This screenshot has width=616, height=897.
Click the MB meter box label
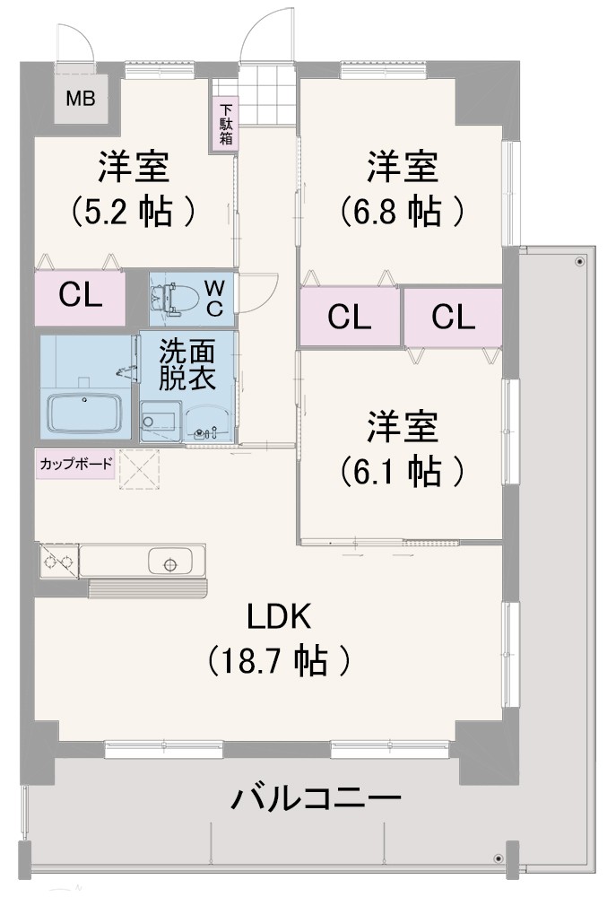81,99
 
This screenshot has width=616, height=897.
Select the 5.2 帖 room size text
134,211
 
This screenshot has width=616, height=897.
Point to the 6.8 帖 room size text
402,211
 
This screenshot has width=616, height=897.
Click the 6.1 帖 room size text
402,471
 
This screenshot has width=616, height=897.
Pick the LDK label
279,617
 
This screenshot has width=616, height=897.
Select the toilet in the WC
173,298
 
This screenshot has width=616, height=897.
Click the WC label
214,298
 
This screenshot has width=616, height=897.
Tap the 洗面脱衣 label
187,365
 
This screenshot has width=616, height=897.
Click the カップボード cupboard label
75,464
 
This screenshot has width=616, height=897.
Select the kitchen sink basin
169,562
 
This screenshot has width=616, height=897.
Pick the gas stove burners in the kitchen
58,561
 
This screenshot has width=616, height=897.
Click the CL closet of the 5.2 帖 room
80,298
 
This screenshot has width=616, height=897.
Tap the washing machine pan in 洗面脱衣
161,421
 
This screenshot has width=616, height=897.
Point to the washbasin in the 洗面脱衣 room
209,422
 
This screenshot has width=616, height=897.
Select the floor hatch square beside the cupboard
139,470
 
